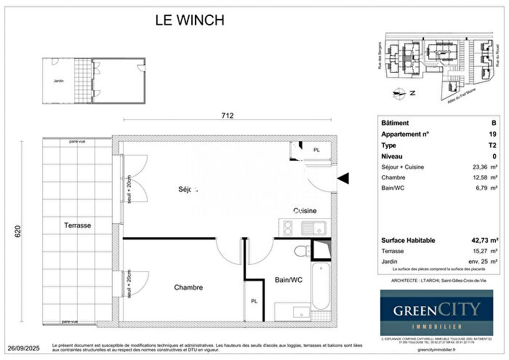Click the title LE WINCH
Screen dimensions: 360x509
(x=191, y=20)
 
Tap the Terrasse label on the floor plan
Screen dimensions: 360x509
(x=76, y=225)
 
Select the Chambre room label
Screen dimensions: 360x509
(x=188, y=287)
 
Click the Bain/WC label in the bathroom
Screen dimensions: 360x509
(x=289, y=279)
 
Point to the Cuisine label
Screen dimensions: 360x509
(x=305, y=210)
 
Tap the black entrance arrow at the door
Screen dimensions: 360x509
(x=344, y=177)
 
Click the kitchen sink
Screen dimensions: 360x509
(x=314, y=228)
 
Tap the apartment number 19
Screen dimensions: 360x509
(x=493, y=134)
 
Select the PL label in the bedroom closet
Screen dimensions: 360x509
(x=254, y=300)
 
